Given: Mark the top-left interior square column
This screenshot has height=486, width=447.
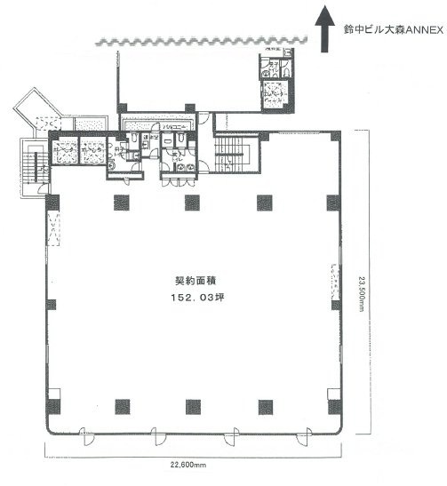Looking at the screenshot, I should click(x=118, y=202).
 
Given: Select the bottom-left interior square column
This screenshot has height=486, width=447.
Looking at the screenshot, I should click(x=118, y=407).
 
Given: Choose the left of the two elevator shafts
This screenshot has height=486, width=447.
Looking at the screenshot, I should click(x=65, y=152).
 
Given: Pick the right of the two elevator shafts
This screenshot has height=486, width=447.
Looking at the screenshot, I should click(x=92, y=152).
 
